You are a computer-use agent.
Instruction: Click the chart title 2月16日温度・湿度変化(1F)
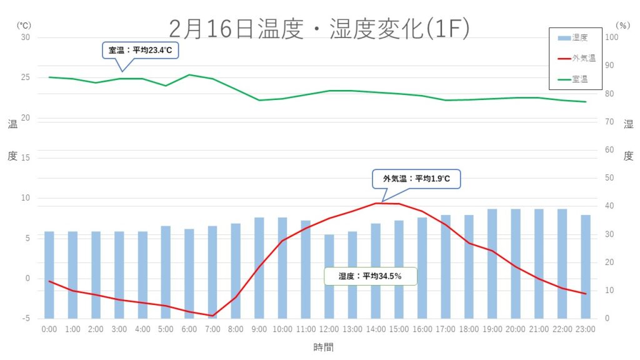click(x=319, y=28)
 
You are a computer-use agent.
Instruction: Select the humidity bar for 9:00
click(x=259, y=269)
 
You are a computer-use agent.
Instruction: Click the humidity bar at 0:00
click(x=49, y=275)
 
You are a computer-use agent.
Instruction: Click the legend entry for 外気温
click(x=576, y=58)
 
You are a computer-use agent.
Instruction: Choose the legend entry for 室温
click(x=576, y=79)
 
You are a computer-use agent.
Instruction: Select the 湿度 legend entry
click(x=576, y=37)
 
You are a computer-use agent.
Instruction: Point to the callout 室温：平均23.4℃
click(x=140, y=50)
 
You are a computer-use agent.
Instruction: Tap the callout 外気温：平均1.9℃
click(x=416, y=179)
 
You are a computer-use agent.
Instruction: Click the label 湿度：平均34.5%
click(x=370, y=276)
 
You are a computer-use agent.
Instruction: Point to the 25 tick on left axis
click(x=26, y=77)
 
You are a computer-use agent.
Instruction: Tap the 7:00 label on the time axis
click(x=212, y=329)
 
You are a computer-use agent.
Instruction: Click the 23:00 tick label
click(x=586, y=329)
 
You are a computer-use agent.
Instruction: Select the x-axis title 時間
click(x=324, y=347)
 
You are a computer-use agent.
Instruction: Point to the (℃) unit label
click(x=23, y=26)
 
